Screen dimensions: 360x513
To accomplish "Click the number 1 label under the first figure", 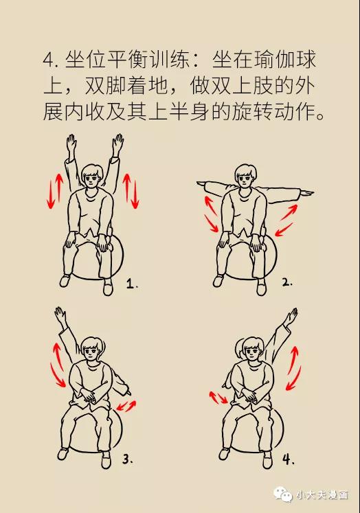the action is point(132,284).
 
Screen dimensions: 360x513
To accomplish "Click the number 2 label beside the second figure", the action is point(287,282).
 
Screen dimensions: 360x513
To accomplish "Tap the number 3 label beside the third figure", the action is point(127,459).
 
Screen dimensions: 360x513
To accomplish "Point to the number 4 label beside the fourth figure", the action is point(288,459).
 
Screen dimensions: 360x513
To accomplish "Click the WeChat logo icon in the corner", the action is point(283,494).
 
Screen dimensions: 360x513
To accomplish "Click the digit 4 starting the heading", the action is point(48,60).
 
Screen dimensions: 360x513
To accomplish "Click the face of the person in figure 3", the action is point(92,352).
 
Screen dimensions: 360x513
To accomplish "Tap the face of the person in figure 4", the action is point(252,352).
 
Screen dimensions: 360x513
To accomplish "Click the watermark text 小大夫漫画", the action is point(322,494).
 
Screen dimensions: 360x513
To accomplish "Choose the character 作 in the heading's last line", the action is point(305,112).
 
